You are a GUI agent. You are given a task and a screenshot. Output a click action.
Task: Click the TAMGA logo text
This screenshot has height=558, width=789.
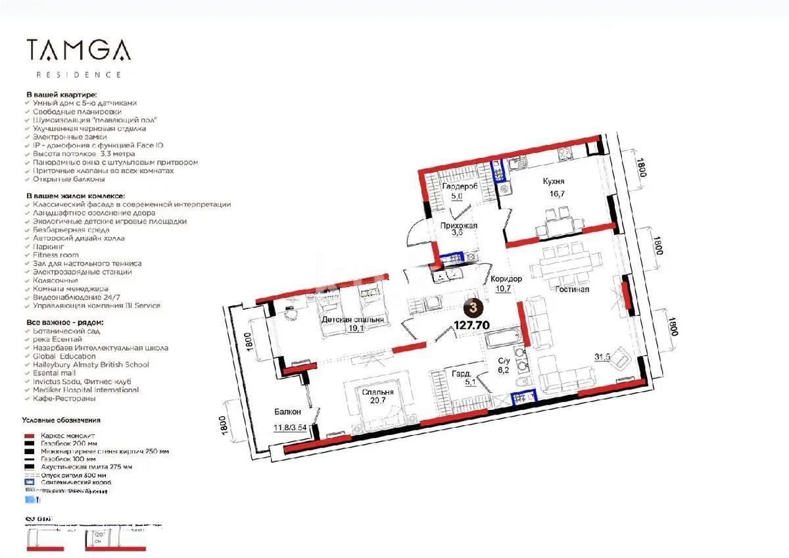78,50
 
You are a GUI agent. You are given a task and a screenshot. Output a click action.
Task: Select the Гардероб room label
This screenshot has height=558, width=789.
459,186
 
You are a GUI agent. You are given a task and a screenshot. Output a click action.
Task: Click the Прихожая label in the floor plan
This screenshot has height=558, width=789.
458,225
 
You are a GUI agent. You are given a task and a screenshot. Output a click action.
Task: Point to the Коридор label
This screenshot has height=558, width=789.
506,279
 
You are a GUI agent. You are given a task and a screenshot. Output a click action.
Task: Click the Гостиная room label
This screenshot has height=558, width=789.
571,289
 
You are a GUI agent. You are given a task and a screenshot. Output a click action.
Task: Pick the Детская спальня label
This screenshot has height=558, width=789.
353,320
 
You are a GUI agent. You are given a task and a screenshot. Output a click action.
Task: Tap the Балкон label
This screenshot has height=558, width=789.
288,412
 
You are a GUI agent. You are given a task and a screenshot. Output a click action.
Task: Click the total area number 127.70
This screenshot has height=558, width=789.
472,324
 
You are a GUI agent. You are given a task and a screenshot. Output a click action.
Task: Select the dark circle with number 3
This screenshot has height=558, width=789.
473,307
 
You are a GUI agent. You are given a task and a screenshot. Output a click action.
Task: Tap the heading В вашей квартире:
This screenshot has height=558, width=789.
61,95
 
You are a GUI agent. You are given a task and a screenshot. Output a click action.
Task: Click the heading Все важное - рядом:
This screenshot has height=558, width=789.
64,322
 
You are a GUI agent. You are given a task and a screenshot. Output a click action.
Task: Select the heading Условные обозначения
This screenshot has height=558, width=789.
61,420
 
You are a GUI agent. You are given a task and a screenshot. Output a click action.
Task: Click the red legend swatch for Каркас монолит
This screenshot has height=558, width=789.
28,436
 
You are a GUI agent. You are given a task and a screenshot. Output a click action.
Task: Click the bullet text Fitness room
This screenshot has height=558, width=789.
55,255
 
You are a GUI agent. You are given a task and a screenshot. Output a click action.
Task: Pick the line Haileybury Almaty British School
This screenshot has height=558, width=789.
91,365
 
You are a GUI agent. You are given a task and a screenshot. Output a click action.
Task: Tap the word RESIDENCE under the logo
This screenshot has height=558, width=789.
78,75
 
